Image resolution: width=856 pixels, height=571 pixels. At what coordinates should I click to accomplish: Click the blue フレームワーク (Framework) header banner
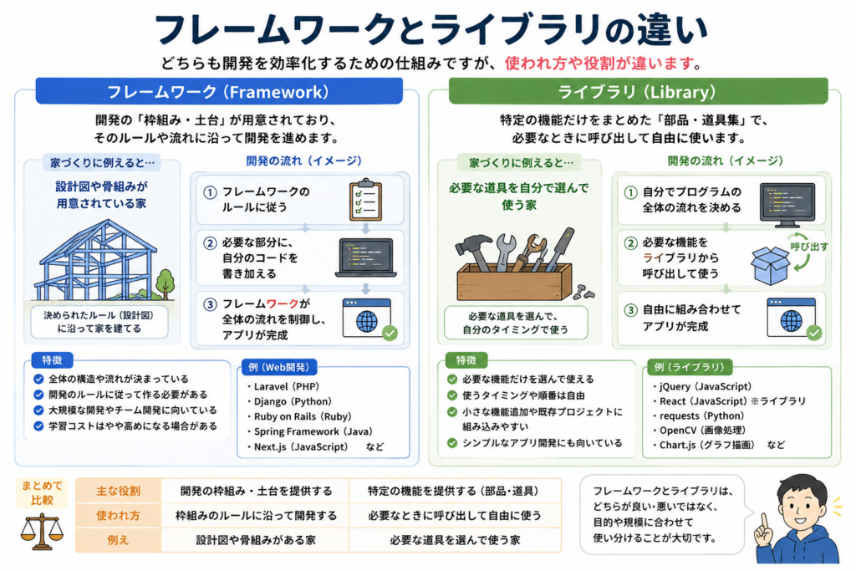pyautogui.click(x=219, y=91)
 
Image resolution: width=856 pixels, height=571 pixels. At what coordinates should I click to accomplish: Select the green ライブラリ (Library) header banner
pyautogui.click(x=638, y=91)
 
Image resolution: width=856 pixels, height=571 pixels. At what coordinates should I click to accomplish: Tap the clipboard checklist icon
pyautogui.click(x=365, y=200)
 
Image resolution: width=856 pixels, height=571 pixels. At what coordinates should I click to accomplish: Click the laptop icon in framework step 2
pyautogui.click(x=366, y=258)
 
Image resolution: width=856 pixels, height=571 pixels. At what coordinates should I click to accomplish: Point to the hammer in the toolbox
pyautogui.click(x=476, y=251)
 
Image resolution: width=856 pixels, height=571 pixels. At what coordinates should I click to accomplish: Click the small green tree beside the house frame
pyautogui.click(x=166, y=284)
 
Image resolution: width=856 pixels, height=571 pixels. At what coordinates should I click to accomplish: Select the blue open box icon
pyautogui.click(x=770, y=265)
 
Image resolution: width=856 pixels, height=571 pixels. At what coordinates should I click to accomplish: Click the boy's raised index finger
pyautogui.click(x=765, y=523)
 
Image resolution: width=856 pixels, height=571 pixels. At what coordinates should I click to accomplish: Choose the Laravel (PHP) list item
pyautogui.click(x=283, y=386)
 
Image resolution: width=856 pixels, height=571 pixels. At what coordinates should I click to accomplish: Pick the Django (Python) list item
pyautogui.click(x=289, y=401)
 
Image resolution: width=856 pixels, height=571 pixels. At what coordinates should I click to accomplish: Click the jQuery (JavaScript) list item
pyautogui.click(x=702, y=386)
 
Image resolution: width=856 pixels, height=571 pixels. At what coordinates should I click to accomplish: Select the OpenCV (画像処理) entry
pyautogui.click(x=699, y=431)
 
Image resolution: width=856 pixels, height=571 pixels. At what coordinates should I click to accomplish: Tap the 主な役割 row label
pyautogui.click(x=119, y=491)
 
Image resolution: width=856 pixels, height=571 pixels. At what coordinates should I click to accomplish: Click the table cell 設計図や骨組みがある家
pyautogui.click(x=256, y=540)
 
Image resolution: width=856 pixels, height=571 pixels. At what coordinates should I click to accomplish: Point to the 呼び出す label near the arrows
pyautogui.click(x=809, y=247)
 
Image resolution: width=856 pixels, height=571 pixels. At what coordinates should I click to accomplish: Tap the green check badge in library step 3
pyautogui.click(x=814, y=333)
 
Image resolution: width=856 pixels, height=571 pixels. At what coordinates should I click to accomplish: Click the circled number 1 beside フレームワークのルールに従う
pyautogui.click(x=210, y=192)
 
